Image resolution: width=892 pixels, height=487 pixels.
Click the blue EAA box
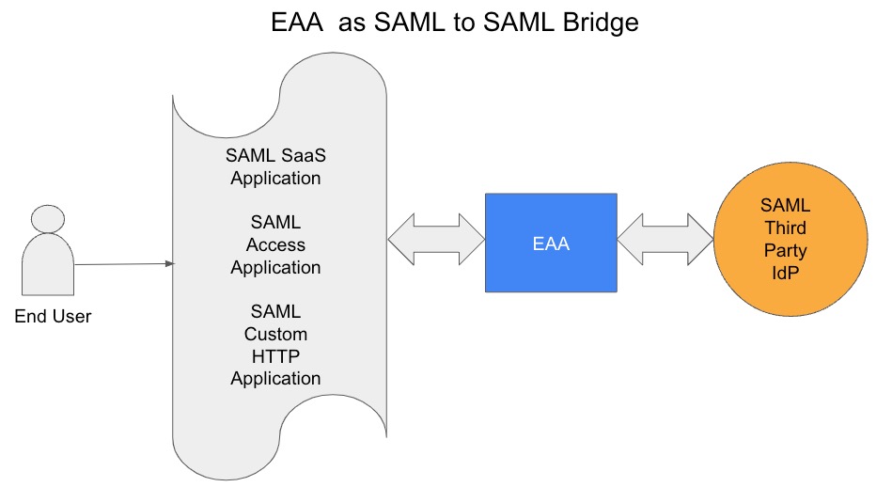pos(551,243)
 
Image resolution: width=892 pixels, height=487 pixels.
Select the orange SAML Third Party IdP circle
pos(786,241)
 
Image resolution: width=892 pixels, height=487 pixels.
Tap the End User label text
pos(53,317)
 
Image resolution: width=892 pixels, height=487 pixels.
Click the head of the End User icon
pos(49,218)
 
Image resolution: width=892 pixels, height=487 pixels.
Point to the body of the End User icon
pos(48,266)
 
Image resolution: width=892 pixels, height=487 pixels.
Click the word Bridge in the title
pos(591,22)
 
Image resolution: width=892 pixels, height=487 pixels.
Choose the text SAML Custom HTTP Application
pos(275,344)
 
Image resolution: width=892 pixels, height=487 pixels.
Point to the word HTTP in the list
pos(275,355)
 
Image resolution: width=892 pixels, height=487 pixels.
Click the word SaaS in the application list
pos(300,155)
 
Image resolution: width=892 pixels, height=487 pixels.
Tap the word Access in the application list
pos(275,244)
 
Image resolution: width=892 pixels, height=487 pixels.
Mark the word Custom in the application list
pos(275,334)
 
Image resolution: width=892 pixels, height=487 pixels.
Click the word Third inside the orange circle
pos(786,228)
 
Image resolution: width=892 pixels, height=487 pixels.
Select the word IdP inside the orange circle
pos(786,275)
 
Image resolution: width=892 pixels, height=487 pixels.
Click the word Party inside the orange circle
pos(786,252)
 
